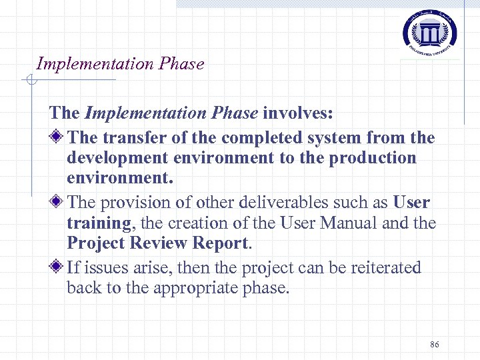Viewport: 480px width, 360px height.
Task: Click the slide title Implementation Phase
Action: coord(120,64)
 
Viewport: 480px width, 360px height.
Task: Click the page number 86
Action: coord(435,344)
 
